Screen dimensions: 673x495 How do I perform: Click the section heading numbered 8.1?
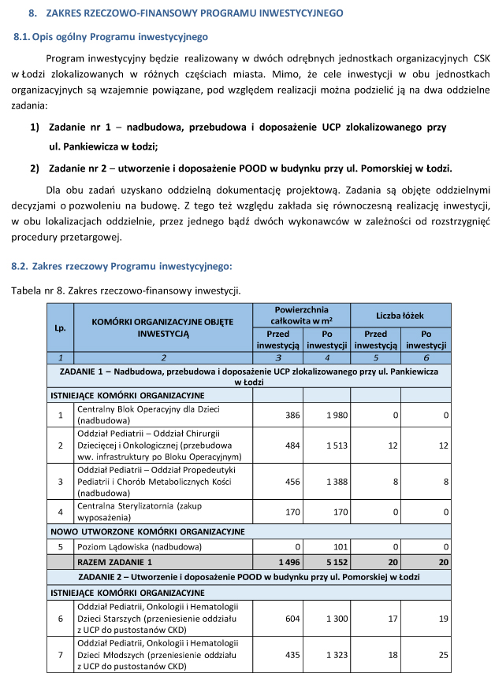click(x=110, y=37)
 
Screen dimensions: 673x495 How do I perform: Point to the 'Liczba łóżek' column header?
click(x=400, y=316)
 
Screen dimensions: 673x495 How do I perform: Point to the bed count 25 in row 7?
click(x=443, y=655)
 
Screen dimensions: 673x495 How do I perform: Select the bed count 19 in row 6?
click(x=443, y=619)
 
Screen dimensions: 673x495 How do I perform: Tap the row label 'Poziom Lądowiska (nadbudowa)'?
click(x=139, y=545)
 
